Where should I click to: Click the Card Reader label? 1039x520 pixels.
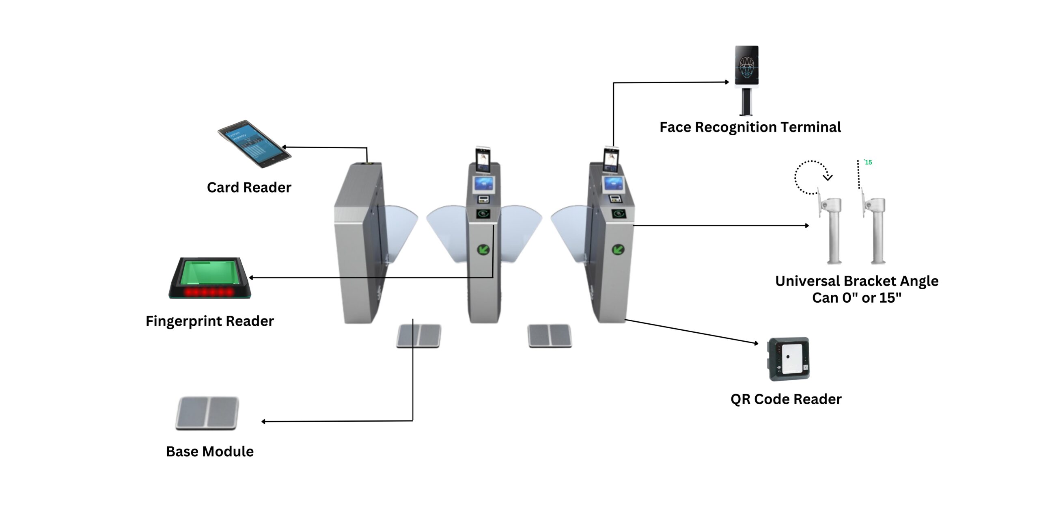tap(249, 187)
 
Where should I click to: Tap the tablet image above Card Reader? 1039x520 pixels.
tap(254, 143)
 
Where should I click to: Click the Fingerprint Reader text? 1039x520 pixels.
tap(209, 321)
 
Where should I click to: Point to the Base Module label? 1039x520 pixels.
tap(209, 451)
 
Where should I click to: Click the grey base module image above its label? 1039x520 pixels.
tap(207, 413)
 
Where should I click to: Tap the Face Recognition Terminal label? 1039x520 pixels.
tap(750, 127)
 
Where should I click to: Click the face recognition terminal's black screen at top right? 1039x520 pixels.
tap(746, 65)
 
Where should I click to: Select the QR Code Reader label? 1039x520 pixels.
tap(786, 399)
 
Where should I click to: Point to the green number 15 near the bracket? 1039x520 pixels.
tap(868, 162)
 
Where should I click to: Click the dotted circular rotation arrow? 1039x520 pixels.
tap(810, 177)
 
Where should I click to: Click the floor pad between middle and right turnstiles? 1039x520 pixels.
tap(550, 336)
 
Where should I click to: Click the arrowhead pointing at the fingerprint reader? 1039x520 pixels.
tap(251, 278)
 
